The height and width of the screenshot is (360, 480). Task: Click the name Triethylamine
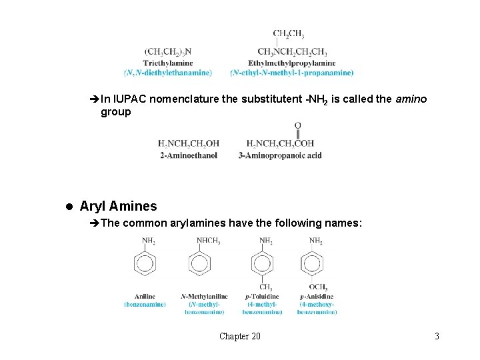pos(167,63)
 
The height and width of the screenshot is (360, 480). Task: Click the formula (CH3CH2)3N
pos(167,52)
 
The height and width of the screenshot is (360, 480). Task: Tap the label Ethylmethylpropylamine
pos(291,63)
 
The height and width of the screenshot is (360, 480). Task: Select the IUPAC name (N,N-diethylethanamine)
pos(168,72)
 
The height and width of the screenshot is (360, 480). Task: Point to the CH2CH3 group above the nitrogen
pos(289,34)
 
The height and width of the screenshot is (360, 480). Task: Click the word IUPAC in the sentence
pos(131,99)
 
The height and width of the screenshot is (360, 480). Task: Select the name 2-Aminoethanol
pos(189,155)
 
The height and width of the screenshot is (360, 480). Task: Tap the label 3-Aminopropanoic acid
pos(280,155)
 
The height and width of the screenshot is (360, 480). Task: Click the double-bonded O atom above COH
pos(297,125)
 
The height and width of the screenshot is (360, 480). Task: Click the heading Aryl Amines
pos(118,206)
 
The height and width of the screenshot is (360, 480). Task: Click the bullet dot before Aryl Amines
pos(69,207)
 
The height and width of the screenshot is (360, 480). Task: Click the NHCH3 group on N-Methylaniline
pos(208,241)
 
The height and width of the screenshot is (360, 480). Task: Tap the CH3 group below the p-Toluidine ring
pos(265,287)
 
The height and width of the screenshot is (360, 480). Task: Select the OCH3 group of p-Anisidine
pos(317,287)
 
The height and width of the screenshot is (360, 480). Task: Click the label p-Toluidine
pos(261,296)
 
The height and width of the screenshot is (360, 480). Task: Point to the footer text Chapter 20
pos(240,336)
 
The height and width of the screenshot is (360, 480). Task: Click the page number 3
pos(437,336)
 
